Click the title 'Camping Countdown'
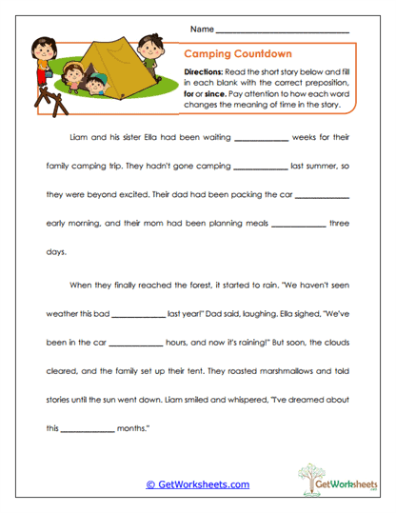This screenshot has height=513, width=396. [237, 55]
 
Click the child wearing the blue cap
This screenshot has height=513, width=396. [93, 86]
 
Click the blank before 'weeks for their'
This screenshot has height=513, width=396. [260, 140]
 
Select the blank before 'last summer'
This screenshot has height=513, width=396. [258, 168]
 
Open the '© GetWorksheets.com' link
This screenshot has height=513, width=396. [197, 485]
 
